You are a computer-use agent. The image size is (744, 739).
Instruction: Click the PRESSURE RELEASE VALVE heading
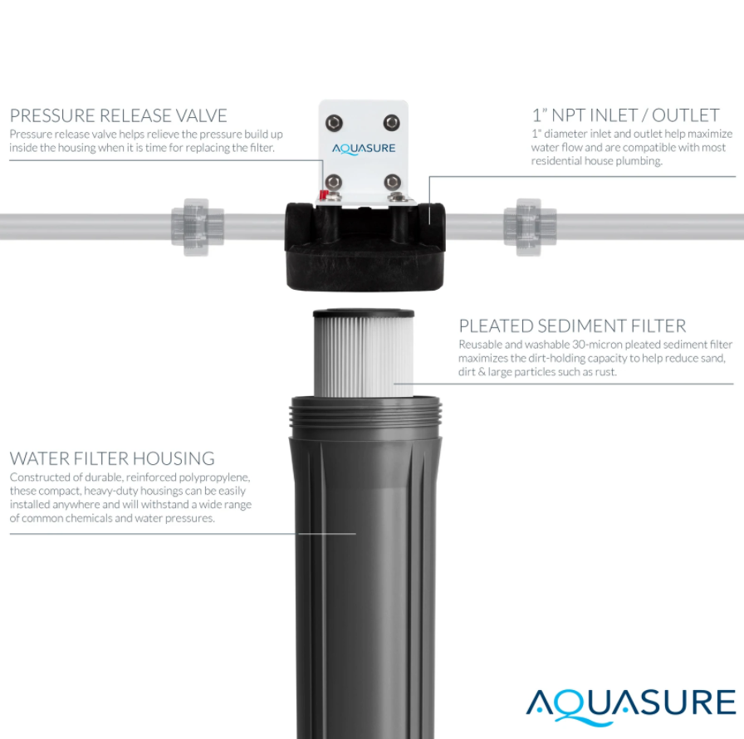pos(118,115)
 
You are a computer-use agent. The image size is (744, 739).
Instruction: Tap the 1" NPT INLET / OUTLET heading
pos(625,115)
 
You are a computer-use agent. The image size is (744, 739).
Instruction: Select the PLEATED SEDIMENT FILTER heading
pos(572,326)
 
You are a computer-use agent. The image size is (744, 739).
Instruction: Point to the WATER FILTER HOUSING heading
pos(112,458)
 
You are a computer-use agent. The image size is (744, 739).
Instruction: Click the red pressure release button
pos(323,194)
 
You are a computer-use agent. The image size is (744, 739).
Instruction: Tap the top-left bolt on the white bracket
pos(334,123)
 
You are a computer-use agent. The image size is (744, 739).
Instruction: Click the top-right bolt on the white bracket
pos(391,123)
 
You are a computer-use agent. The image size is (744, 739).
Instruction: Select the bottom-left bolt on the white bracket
pos(334,182)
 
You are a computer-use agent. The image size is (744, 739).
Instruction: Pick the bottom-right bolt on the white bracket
pos(392,182)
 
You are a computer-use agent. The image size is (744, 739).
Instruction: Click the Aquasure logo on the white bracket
pos(364,149)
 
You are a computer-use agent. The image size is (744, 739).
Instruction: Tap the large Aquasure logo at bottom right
pos(631,705)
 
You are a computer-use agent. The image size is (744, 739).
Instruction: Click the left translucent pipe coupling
pos(197,228)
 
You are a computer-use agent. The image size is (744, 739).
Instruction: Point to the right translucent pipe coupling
pos(530,228)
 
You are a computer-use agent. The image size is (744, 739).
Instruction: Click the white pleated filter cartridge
pos(364,357)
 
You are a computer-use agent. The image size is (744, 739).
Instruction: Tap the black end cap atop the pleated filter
pos(364,313)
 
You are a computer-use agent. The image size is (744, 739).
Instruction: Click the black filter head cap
pos(365,247)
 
